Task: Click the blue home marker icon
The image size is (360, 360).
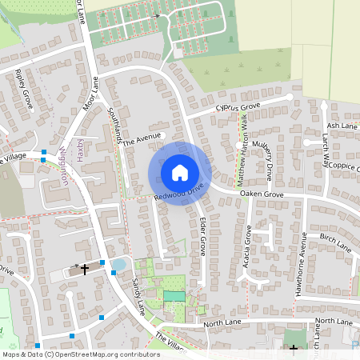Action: click(x=180, y=172)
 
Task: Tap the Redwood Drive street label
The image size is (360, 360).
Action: click(x=180, y=191)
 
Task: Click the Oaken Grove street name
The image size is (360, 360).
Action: click(x=262, y=194)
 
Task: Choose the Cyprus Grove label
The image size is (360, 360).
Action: click(x=238, y=106)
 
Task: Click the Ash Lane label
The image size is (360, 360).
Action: click(x=342, y=126)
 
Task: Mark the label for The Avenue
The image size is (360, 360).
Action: click(x=147, y=138)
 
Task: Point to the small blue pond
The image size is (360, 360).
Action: click(x=119, y=264)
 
